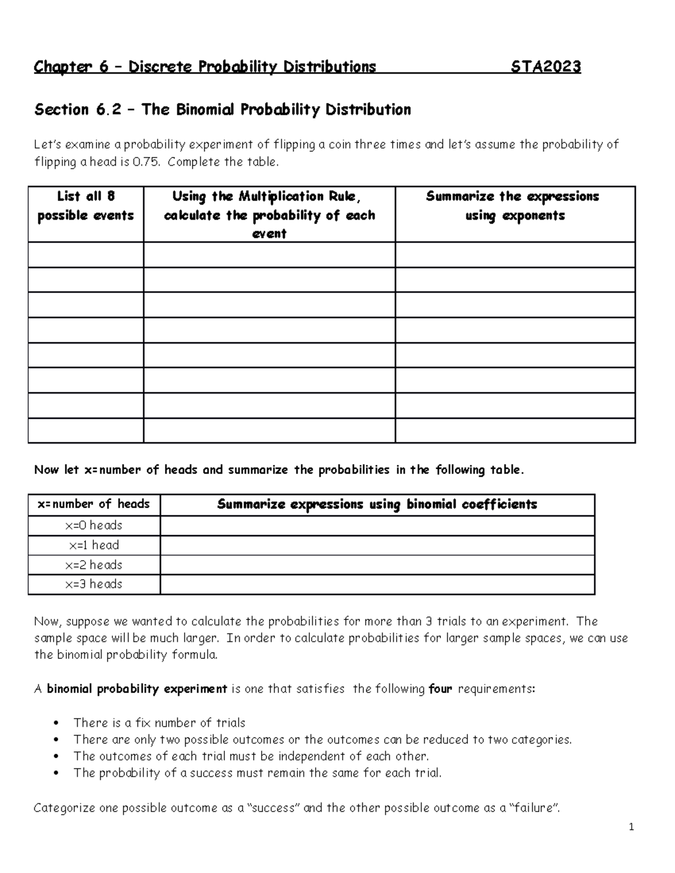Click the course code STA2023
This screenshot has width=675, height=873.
click(546, 67)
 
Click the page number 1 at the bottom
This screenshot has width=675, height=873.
click(632, 826)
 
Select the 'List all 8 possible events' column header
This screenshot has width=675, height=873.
click(85, 206)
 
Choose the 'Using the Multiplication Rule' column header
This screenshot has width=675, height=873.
click(269, 215)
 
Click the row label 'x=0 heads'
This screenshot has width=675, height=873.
click(93, 526)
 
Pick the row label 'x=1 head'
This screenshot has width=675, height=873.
click(93, 545)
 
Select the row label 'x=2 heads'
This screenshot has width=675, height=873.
click(93, 565)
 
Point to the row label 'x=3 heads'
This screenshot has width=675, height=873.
click(93, 584)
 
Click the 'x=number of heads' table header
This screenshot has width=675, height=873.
click(93, 504)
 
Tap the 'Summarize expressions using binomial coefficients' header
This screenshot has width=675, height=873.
click(377, 505)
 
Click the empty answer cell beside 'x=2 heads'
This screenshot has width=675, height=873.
click(377, 565)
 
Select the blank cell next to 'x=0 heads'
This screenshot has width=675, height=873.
click(377, 526)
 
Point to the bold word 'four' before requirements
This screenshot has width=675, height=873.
click(440, 689)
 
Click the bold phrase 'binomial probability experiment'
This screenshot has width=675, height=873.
click(137, 689)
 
